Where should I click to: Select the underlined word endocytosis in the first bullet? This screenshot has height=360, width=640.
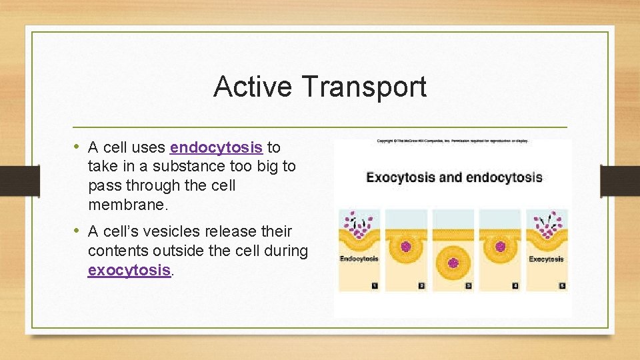pyautogui.click(x=216, y=147)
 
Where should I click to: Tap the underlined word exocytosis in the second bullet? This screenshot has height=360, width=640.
pyautogui.click(x=129, y=270)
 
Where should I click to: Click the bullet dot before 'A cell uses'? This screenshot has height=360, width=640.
pyautogui.click(x=77, y=147)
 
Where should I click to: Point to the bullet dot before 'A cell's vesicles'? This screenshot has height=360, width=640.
pyautogui.click(x=77, y=231)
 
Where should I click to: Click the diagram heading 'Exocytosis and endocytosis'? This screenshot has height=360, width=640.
pyautogui.click(x=453, y=177)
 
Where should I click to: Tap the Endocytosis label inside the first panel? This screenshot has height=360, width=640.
pyautogui.click(x=359, y=259)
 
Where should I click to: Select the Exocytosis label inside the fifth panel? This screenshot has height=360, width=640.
pyautogui.click(x=547, y=259)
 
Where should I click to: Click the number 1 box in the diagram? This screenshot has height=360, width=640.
pyautogui.click(x=374, y=285)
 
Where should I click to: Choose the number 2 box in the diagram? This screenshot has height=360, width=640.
pyautogui.click(x=421, y=285)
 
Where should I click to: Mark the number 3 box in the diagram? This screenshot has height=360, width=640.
pyautogui.click(x=468, y=285)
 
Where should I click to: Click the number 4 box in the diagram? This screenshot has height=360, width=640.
pyautogui.click(x=515, y=285)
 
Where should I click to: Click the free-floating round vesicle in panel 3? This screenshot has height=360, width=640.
pyautogui.click(x=453, y=261)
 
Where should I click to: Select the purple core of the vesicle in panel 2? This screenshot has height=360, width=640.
pyautogui.click(x=406, y=246)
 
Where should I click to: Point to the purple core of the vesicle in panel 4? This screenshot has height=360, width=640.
pyautogui.click(x=500, y=246)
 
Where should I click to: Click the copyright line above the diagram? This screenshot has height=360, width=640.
pyautogui.click(x=452, y=141)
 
